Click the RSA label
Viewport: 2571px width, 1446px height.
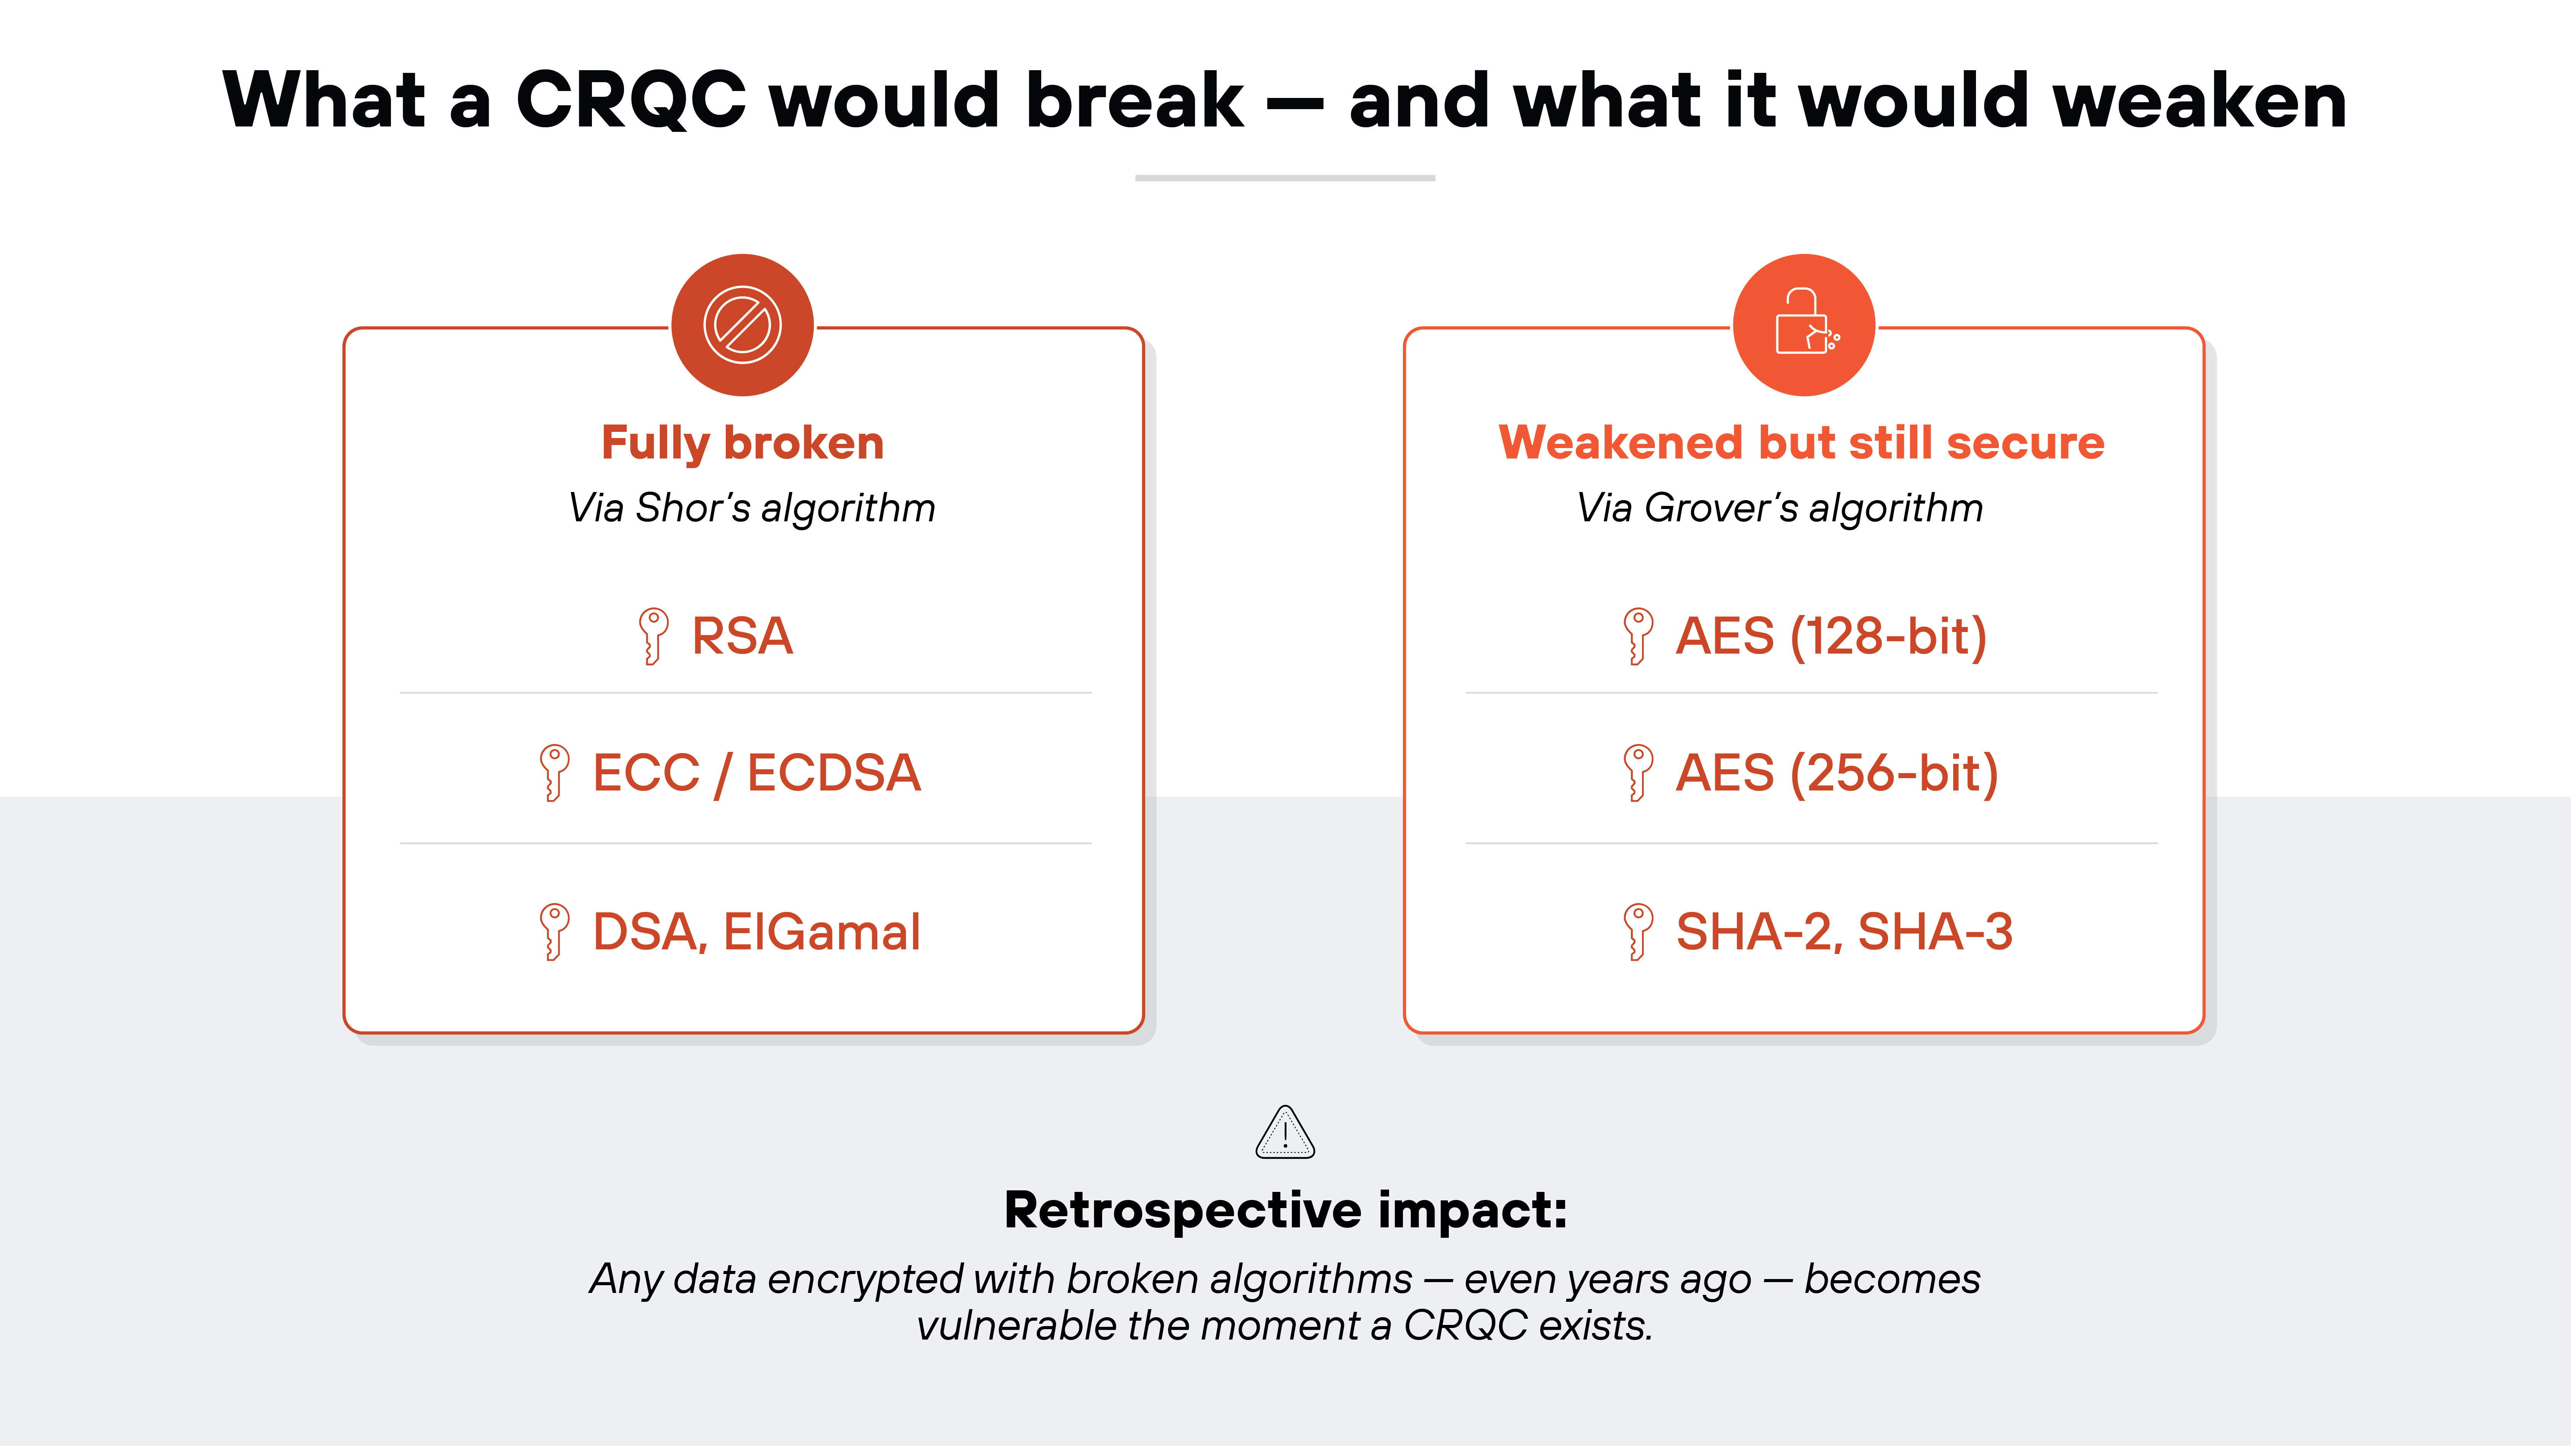[743, 636]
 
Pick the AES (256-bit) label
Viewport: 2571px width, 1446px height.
[1836, 772]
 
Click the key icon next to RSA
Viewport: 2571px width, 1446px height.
[653, 636]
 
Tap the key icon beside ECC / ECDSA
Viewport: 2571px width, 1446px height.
[554, 772]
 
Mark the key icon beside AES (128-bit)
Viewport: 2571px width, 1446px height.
[1637, 636]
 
